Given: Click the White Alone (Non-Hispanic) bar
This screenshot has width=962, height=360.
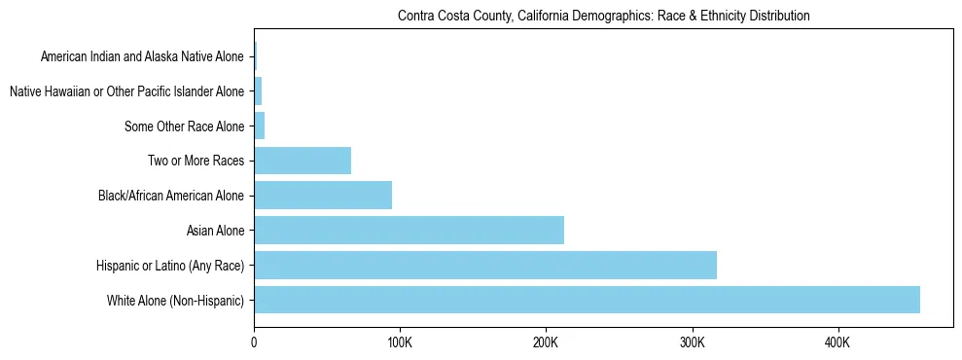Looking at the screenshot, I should pyautogui.click(x=587, y=300).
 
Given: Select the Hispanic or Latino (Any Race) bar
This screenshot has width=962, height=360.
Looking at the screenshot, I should pyautogui.click(x=485, y=265).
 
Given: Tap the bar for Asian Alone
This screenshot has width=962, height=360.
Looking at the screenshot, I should pyautogui.click(x=409, y=231).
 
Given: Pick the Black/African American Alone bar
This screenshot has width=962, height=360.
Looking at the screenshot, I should pyautogui.click(x=323, y=196).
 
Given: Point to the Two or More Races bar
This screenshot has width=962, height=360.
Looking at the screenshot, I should pyautogui.click(x=303, y=161).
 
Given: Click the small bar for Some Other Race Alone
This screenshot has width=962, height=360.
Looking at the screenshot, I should pyautogui.click(x=260, y=126).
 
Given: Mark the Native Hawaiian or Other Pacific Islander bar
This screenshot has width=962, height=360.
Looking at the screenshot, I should pyautogui.click(x=258, y=91).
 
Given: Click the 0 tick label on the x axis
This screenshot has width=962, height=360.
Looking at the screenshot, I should pyautogui.click(x=254, y=343).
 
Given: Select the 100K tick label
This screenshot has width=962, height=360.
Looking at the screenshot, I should pyautogui.click(x=400, y=343).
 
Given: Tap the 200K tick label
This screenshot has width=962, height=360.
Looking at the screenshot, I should pyautogui.click(x=546, y=343).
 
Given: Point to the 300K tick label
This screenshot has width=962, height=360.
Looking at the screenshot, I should pyautogui.click(x=692, y=343).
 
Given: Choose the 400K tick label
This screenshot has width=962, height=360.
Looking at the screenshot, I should pyautogui.click(x=837, y=343).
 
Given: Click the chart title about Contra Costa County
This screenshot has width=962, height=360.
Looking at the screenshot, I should pyautogui.click(x=603, y=17).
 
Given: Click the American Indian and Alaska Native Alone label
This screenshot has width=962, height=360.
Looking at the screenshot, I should pyautogui.click(x=143, y=57).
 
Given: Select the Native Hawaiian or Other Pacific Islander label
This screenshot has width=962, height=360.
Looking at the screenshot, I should pyautogui.click(x=126, y=91).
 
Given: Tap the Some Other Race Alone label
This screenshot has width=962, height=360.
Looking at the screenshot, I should pyautogui.click(x=185, y=126).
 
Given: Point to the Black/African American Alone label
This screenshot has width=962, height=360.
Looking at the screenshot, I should pyautogui.click(x=171, y=196).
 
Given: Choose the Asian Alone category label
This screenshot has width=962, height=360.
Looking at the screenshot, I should pyautogui.click(x=215, y=231).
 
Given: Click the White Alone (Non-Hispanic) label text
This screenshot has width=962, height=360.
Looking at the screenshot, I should pyautogui.click(x=175, y=300).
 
